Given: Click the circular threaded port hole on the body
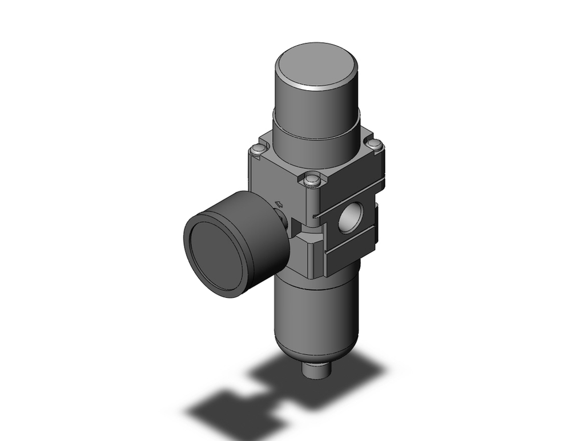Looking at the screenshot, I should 347,219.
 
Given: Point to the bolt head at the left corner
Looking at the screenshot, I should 257,150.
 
